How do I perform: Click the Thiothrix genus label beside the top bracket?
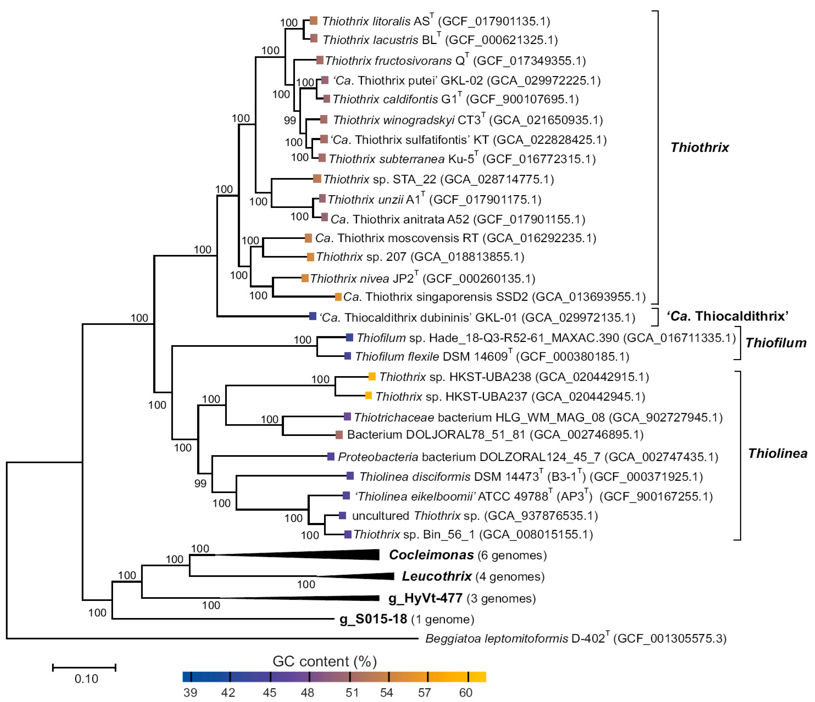(x=699, y=147)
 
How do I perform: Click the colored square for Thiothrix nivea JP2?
(x=305, y=278)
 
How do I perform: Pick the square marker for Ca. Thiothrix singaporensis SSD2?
(x=338, y=297)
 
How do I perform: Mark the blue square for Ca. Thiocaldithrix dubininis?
(x=313, y=316)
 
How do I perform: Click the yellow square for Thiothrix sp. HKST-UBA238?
(x=372, y=376)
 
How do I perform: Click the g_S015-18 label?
(x=373, y=619)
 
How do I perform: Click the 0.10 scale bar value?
(x=86, y=679)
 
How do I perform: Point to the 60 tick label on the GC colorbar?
(x=466, y=692)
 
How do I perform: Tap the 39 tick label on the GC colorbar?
(x=190, y=692)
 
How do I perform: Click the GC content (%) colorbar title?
(x=325, y=662)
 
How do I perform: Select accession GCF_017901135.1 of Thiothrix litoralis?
(x=494, y=21)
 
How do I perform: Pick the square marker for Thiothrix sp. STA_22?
(x=317, y=179)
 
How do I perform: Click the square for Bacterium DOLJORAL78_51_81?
(x=339, y=435)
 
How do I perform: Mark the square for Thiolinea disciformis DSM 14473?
(x=350, y=476)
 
